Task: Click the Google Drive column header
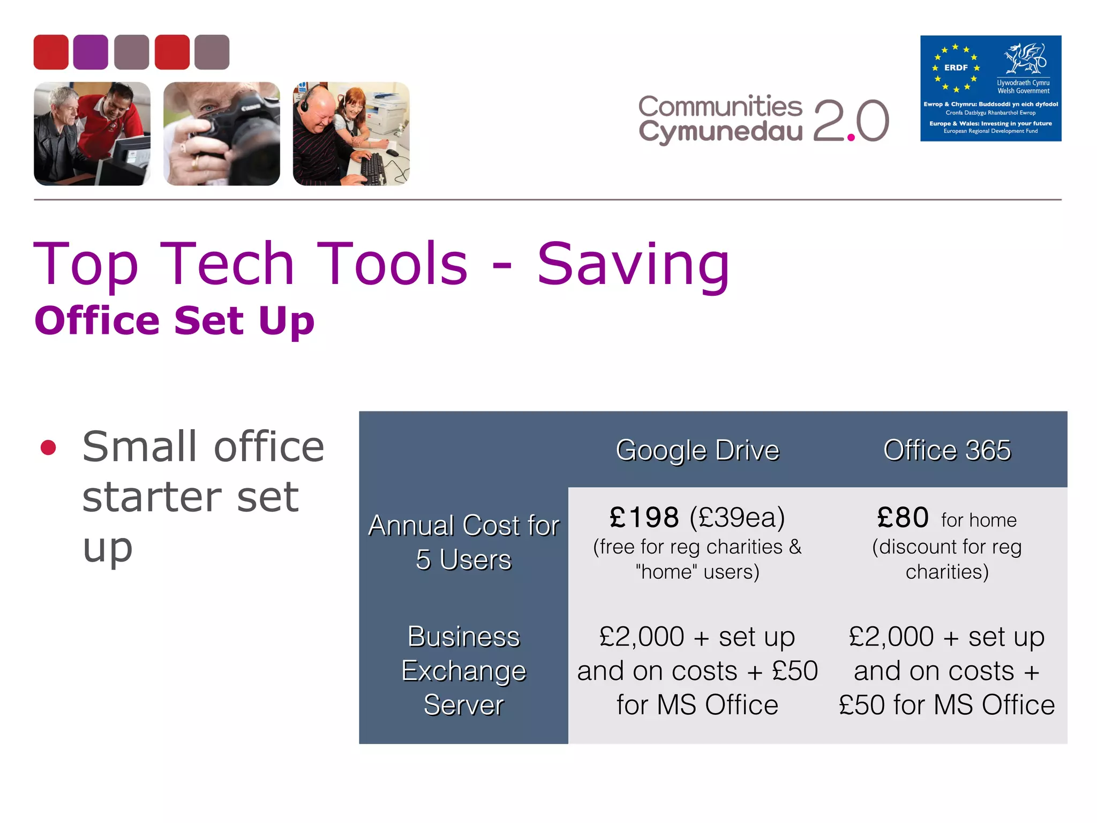coord(697,450)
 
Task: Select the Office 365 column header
coord(946,450)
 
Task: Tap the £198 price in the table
coord(644,518)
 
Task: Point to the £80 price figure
coord(903,518)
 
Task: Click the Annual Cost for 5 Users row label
coord(463,542)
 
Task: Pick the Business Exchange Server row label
coord(463,670)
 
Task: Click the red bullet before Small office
coord(48,447)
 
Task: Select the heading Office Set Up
coord(174,320)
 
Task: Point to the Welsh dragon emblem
coord(1025,59)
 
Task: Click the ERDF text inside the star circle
coord(956,68)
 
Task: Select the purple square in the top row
coord(91,52)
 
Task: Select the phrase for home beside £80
coord(979,520)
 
